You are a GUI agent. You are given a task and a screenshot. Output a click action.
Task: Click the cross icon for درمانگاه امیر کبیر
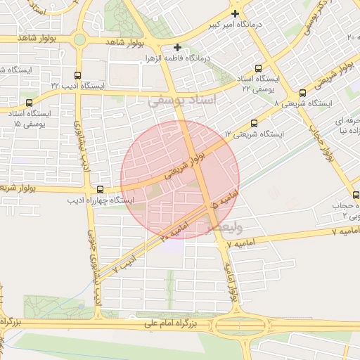click(235, 13)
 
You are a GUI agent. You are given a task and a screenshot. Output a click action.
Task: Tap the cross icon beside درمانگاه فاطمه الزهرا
click(178, 47)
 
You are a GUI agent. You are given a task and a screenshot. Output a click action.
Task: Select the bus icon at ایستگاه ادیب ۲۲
click(77, 74)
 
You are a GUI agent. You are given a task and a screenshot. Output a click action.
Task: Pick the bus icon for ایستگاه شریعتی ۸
click(302, 93)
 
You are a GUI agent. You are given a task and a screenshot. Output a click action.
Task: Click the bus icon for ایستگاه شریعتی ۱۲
click(254, 123)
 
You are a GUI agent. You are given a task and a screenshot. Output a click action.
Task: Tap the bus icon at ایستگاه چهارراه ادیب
click(100, 189)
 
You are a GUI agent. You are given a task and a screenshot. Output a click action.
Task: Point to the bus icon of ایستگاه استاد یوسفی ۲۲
click(258, 69)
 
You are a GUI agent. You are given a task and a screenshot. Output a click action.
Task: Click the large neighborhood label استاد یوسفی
click(184, 102)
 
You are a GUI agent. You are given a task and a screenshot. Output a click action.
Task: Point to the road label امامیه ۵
click(224, 200)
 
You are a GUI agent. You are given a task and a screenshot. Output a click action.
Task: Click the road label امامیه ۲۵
click(174, 231)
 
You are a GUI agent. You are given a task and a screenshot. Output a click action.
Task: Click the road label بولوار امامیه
click(233, 281)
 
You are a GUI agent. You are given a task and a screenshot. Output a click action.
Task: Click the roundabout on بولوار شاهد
click(79, 40)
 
